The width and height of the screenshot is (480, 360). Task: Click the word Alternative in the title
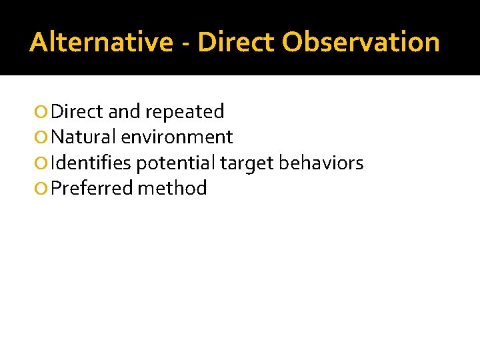click(x=101, y=42)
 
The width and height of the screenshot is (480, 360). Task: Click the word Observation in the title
click(x=361, y=42)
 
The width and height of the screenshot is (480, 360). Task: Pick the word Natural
click(x=83, y=137)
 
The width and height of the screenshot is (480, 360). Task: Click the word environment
click(x=177, y=137)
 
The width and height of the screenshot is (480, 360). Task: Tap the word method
click(x=172, y=188)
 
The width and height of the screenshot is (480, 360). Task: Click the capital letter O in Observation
click(x=292, y=42)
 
